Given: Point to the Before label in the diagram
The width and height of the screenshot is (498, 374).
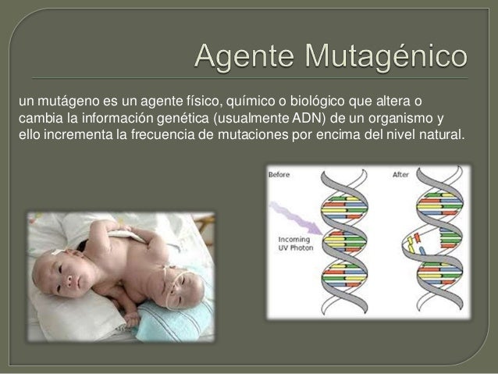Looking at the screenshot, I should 279,175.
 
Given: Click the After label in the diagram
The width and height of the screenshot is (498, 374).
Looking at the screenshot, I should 400,175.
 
